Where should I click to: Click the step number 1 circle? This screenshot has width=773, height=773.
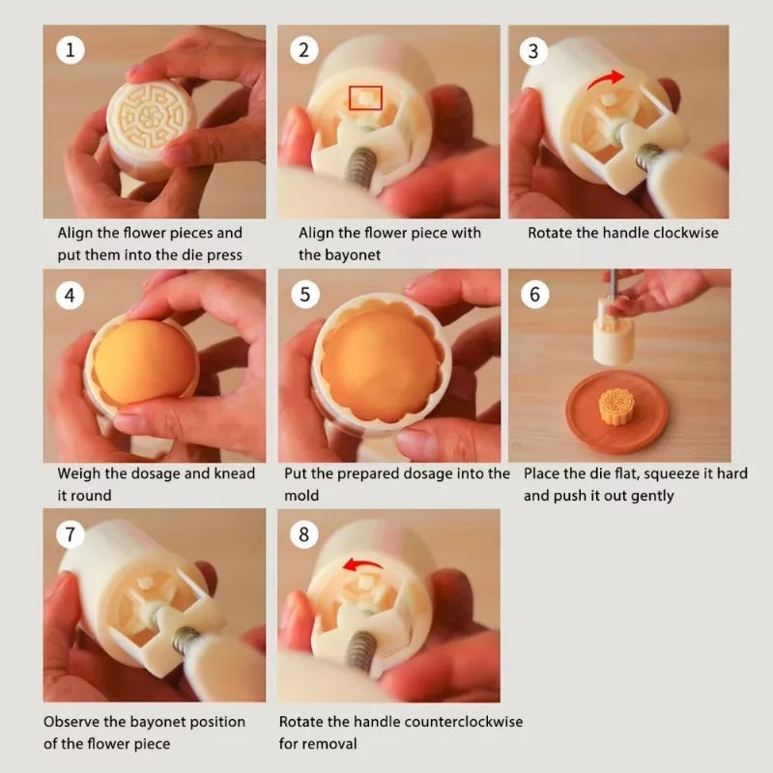70,50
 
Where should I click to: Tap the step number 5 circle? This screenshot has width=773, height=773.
305,295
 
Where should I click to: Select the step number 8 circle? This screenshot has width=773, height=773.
303,534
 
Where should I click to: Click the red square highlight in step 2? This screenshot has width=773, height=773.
365,98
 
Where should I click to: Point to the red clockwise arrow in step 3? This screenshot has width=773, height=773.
605,79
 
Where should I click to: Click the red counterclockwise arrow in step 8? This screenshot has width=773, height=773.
362,563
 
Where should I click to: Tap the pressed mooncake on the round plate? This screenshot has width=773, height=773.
616,406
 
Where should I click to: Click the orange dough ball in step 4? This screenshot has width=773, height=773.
144,361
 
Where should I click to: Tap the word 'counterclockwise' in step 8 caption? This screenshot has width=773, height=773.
461,722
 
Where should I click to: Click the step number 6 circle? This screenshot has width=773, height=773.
535,295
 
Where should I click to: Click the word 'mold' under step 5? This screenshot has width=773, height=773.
301,495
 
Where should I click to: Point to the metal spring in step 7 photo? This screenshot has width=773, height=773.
186,640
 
